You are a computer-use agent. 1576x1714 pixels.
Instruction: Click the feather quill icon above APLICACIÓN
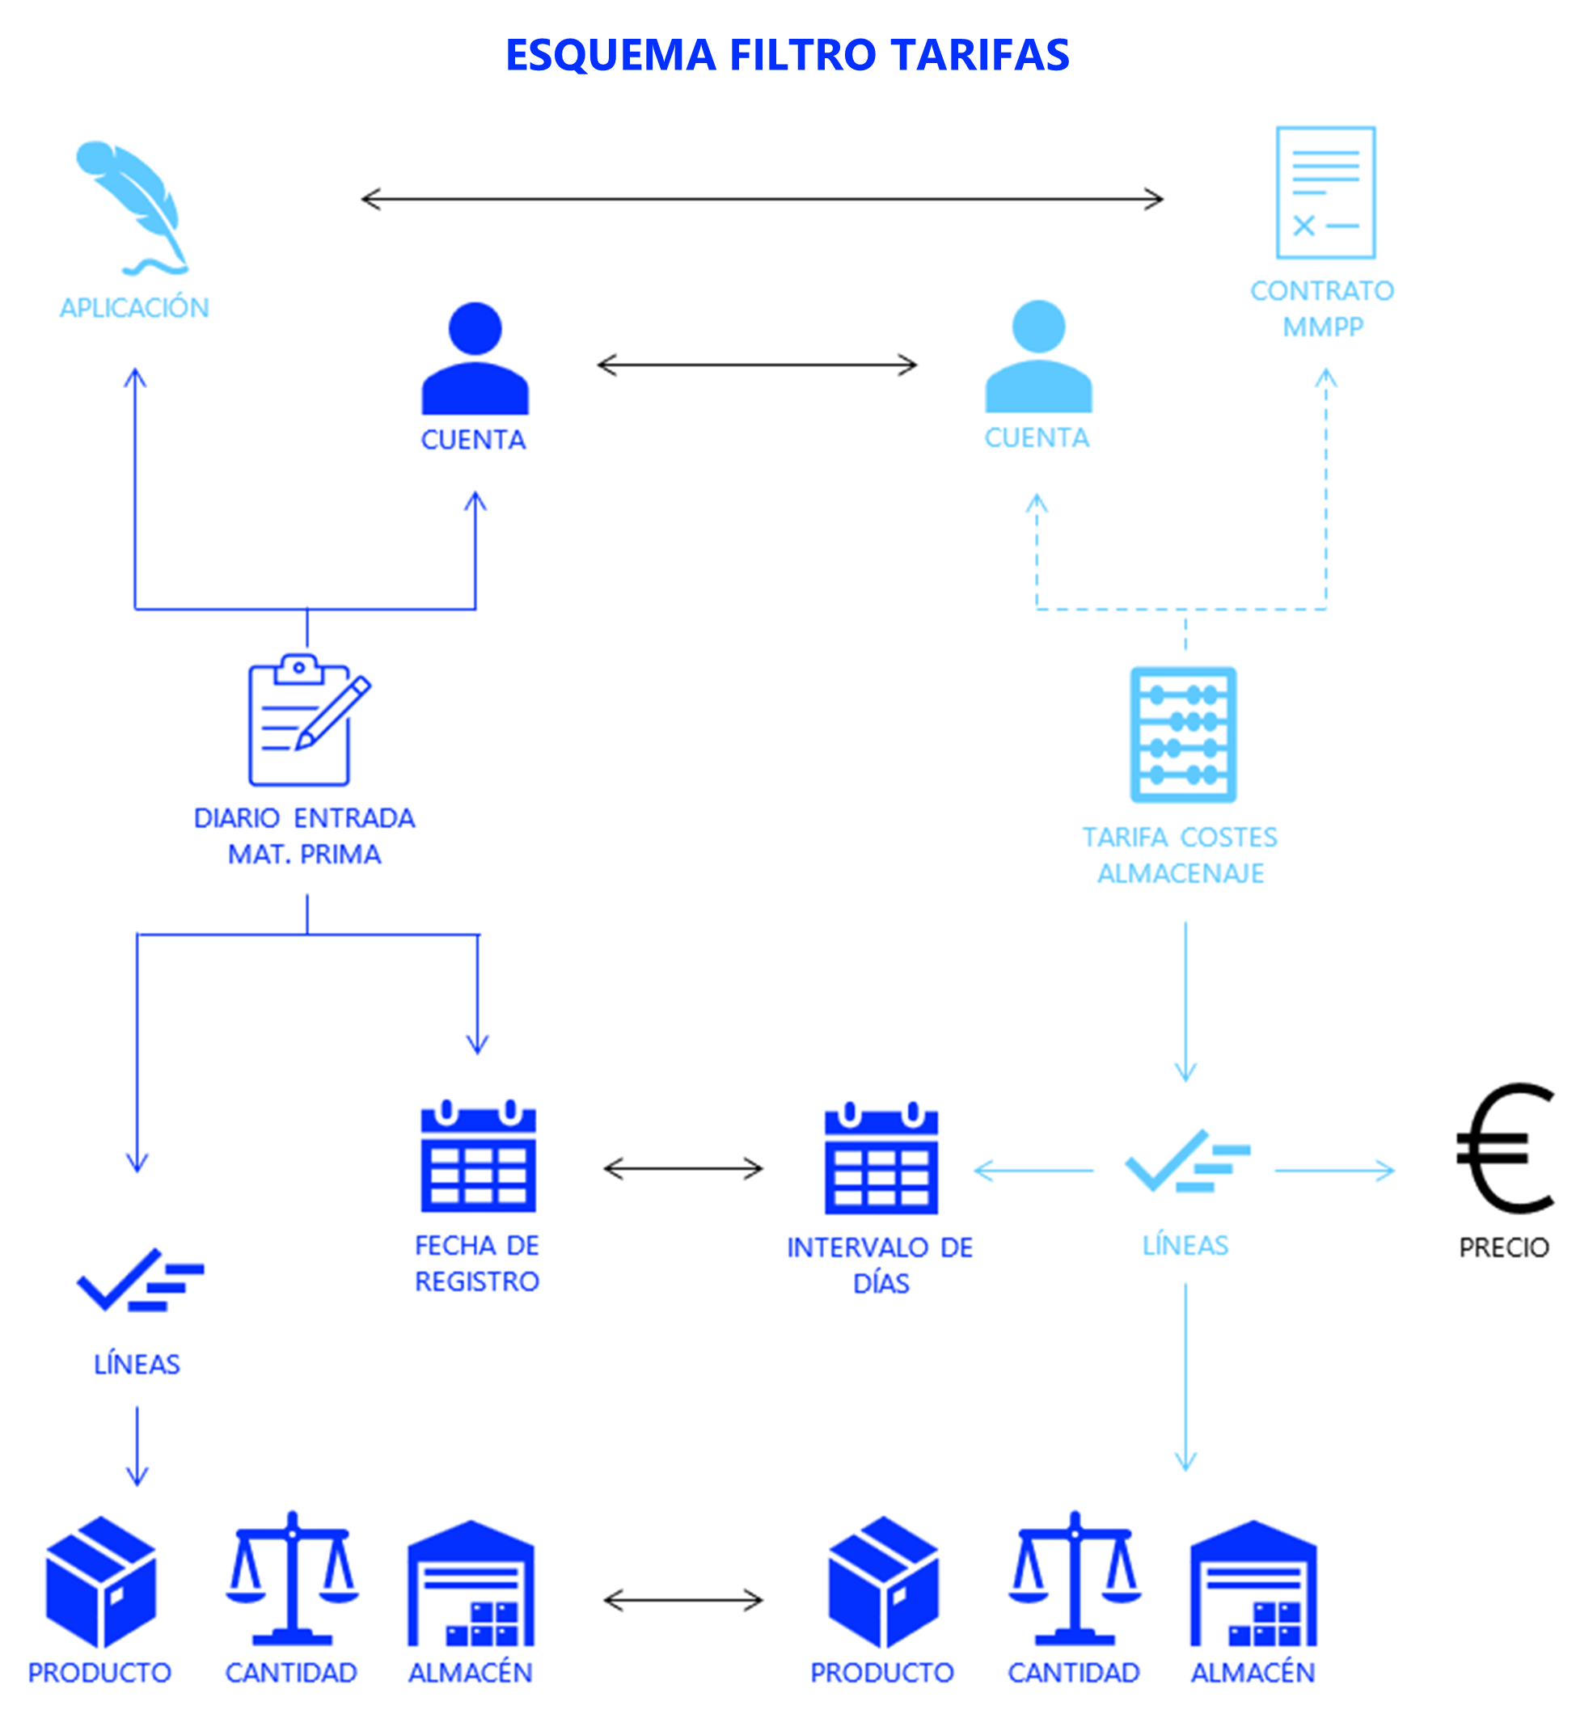(134, 208)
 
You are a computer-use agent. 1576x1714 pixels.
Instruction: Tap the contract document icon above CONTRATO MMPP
(1325, 192)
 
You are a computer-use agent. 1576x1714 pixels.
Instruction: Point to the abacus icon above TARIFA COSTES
(1183, 734)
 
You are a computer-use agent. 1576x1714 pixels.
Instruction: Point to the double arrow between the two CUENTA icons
(758, 365)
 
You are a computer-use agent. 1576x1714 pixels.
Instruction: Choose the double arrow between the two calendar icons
(683, 1168)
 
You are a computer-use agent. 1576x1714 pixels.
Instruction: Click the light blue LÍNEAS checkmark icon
(1186, 1159)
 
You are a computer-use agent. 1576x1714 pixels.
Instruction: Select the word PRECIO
(1503, 1248)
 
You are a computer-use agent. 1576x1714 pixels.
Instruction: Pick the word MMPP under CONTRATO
(1323, 327)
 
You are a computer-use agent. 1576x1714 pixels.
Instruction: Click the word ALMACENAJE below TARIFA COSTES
(1181, 873)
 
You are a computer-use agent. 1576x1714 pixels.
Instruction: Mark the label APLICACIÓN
(134, 307)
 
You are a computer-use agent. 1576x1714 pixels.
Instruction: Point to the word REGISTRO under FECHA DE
(477, 1281)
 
